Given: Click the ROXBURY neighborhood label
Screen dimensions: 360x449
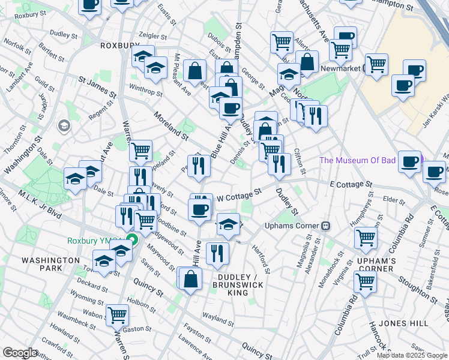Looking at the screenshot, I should click(x=120, y=45).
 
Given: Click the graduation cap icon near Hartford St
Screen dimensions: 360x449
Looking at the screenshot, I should click(x=228, y=223).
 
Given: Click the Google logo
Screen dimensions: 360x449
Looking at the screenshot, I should click(x=20, y=353).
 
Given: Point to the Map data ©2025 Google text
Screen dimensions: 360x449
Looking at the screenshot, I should click(x=412, y=355).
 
